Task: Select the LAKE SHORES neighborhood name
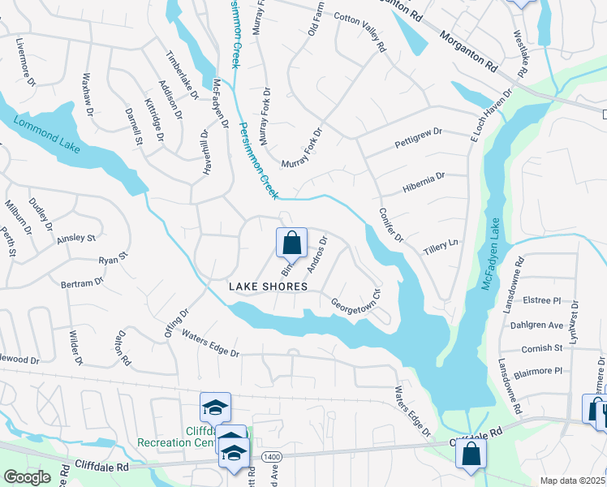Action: [x=268, y=287]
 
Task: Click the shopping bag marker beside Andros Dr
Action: [x=292, y=243]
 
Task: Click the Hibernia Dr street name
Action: [x=424, y=183]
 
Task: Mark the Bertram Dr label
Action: [x=83, y=283]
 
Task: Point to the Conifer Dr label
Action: [x=390, y=225]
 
